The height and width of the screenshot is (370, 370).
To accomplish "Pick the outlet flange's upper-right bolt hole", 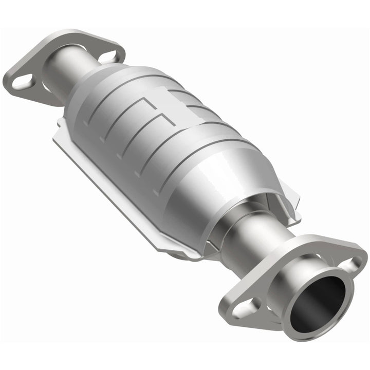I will pos(345,265).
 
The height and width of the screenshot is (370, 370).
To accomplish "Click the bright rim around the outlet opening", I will pos(295,288).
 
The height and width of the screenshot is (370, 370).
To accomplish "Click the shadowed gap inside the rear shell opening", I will pos(226,216).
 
